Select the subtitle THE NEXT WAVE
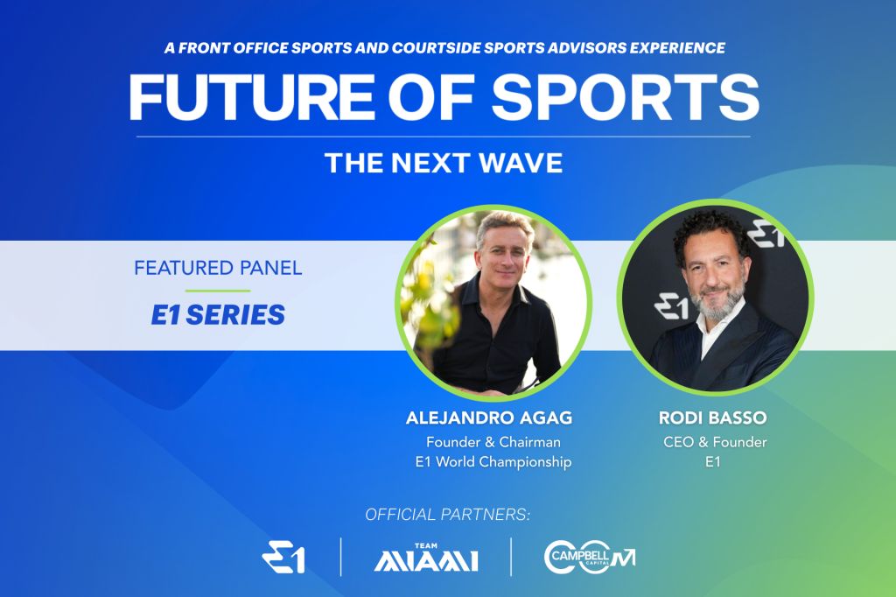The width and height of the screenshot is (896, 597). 444,163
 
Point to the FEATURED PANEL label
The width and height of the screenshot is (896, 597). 218,268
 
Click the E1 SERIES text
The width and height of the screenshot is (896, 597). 218,315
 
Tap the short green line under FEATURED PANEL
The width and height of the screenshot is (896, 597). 218,291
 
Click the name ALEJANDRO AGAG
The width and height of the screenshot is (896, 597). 489,418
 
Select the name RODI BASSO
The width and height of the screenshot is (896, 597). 712,418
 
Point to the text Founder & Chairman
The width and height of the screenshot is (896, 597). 493,442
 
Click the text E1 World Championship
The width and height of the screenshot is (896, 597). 493,461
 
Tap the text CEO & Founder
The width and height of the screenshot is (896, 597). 715,442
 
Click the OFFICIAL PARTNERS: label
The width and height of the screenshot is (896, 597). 448,515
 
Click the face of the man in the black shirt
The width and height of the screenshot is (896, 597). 502,250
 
